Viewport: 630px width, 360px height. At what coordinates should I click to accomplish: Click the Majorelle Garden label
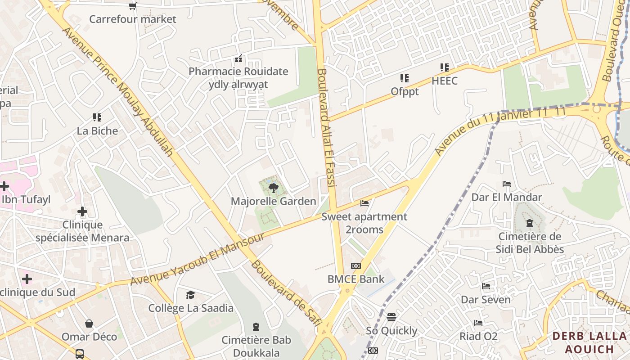click(x=274, y=201)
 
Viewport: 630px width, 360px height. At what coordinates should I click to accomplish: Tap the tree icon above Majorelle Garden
click(x=273, y=188)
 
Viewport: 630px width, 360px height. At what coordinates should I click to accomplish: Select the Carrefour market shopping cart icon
click(x=133, y=6)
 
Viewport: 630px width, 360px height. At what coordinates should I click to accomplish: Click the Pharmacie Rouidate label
click(x=238, y=71)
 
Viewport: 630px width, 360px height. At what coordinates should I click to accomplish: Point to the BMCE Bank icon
click(x=356, y=266)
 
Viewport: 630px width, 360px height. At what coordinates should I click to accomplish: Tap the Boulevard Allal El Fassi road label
click(x=327, y=133)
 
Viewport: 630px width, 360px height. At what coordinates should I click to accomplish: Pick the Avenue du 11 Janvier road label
click(x=499, y=131)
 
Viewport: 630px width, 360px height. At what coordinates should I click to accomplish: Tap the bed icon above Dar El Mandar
click(x=507, y=184)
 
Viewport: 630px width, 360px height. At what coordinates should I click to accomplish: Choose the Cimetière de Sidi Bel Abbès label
click(x=530, y=243)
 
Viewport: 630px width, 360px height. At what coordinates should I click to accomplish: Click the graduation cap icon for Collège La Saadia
click(x=191, y=295)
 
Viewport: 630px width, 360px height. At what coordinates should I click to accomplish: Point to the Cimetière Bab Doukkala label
click(x=256, y=346)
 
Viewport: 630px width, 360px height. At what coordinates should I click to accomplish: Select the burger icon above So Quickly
click(x=391, y=317)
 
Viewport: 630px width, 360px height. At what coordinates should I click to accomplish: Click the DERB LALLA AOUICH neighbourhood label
click(x=589, y=342)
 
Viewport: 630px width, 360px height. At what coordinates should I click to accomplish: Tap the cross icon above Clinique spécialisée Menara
click(x=82, y=211)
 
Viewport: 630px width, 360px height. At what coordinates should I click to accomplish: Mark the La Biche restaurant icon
click(x=97, y=118)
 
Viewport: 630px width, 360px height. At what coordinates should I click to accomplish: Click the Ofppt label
click(x=405, y=91)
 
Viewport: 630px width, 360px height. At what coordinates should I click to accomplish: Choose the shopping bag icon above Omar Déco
click(x=89, y=324)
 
